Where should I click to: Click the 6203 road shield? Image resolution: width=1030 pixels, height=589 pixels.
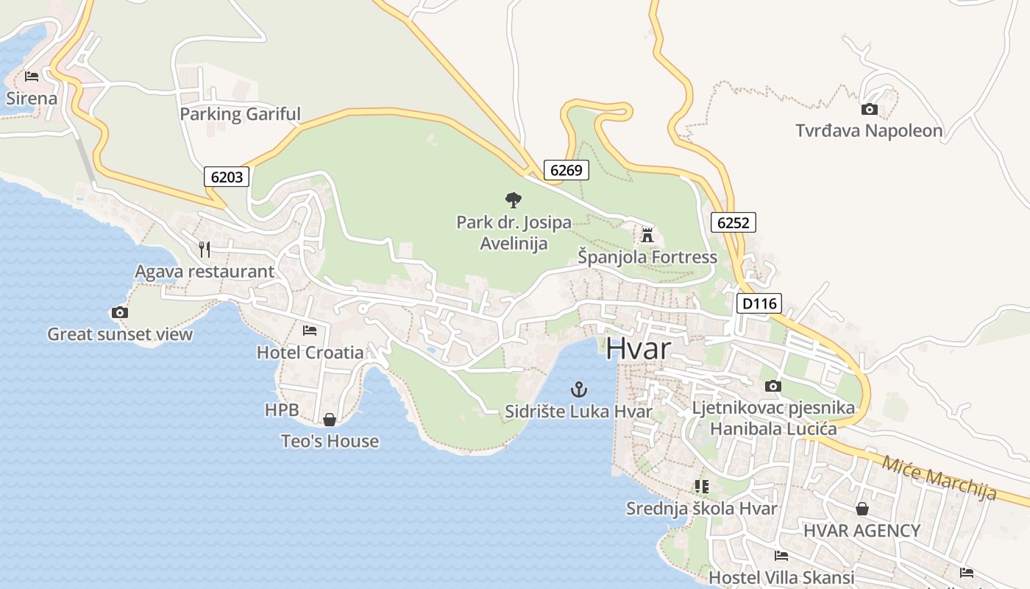[227, 177]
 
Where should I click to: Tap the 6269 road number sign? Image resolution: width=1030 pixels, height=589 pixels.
[566, 170]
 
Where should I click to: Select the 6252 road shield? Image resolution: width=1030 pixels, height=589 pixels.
[734, 222]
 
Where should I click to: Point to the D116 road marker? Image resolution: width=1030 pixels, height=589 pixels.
[759, 303]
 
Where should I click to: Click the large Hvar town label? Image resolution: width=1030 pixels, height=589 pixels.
[638, 348]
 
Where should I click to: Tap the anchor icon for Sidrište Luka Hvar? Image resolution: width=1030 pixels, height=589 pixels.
[579, 389]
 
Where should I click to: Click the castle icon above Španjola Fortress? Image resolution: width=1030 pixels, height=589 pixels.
[647, 235]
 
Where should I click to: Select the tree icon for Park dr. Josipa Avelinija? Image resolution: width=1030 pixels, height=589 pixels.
[514, 200]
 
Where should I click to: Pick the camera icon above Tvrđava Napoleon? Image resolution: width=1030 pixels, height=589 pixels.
[869, 110]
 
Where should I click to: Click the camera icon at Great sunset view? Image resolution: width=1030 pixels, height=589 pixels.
[120, 312]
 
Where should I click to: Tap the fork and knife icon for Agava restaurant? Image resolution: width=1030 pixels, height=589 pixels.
[205, 250]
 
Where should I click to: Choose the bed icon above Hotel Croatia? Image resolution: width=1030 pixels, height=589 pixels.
[310, 330]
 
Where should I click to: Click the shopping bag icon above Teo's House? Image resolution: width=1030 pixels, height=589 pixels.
[330, 420]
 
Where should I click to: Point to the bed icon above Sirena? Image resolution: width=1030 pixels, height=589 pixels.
[32, 76]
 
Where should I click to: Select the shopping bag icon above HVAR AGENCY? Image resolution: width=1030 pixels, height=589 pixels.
[862, 509]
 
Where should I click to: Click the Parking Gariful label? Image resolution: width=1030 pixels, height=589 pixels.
[240, 114]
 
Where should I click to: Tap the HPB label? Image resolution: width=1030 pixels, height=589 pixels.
[282, 410]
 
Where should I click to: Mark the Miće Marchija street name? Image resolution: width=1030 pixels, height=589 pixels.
[938, 477]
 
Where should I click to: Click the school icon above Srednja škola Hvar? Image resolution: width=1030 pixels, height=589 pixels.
[702, 487]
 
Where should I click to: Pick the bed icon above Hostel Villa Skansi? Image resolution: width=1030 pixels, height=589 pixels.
[781, 556]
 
